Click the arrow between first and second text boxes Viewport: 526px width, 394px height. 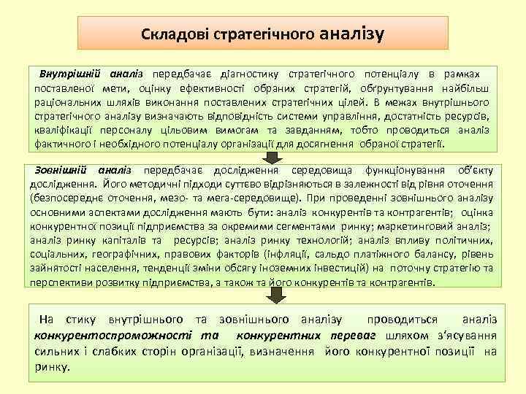tap(271, 158)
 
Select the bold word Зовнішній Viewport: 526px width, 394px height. tap(61, 170)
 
